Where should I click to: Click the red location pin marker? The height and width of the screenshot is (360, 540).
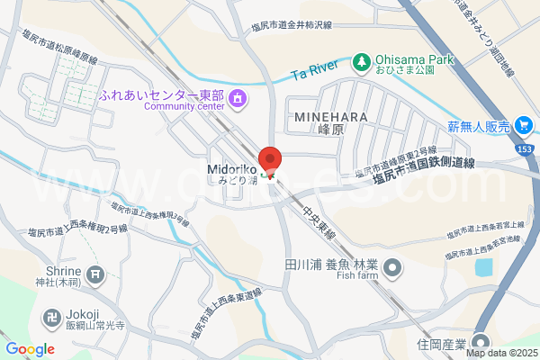pyautogui.click(x=271, y=158)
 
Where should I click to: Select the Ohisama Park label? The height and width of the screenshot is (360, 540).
pyautogui.click(x=412, y=60)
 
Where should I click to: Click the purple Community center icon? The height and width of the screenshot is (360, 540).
pyautogui.click(x=238, y=98)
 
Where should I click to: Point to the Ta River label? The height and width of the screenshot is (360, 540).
pyautogui.click(x=314, y=68)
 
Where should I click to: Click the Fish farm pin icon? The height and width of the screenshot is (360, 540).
pyautogui.click(x=393, y=266)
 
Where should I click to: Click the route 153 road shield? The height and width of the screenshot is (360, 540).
pyautogui.click(x=525, y=148)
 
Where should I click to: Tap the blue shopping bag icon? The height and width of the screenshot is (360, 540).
pyautogui.click(x=522, y=125)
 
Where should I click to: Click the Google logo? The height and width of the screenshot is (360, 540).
pyautogui.click(x=30, y=348)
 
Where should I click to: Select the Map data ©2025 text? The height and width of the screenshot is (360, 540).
pyautogui.click(x=501, y=352)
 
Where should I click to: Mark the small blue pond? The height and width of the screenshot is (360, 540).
pyautogui.click(x=484, y=267)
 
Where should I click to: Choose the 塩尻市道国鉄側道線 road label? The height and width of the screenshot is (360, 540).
pyautogui.click(x=426, y=170)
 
